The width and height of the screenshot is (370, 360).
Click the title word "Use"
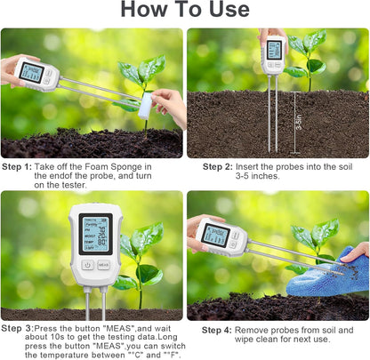pos(223,10)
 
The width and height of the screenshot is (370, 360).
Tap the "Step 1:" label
pos(17,166)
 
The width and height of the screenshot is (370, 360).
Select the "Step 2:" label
pos(218,166)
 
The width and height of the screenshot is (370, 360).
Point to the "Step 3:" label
pos(18,328)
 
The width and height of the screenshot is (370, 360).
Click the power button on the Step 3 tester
pos(87,264)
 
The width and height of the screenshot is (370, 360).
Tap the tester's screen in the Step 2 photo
pos(274,50)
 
